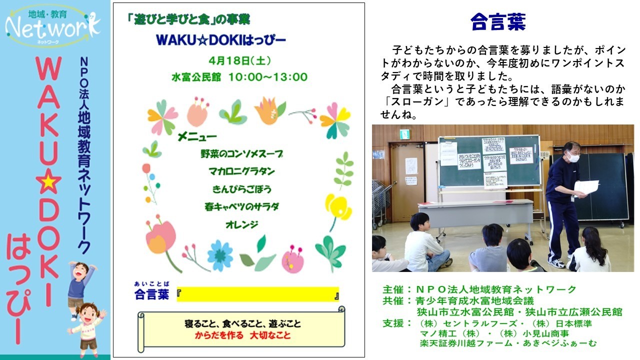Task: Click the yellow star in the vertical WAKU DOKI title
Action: click(48, 182)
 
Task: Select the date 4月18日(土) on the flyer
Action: click(240, 61)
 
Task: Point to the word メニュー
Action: click(197, 136)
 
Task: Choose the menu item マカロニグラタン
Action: click(241, 171)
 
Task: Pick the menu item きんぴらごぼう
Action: click(241, 189)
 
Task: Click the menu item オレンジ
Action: click(241, 224)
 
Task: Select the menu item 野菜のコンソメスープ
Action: click(241, 154)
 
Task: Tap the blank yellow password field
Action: click(257, 294)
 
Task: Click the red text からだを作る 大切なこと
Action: click(242, 335)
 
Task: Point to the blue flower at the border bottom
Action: click(219, 255)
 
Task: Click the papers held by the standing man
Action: click(586, 187)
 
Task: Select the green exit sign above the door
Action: click(404, 134)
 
